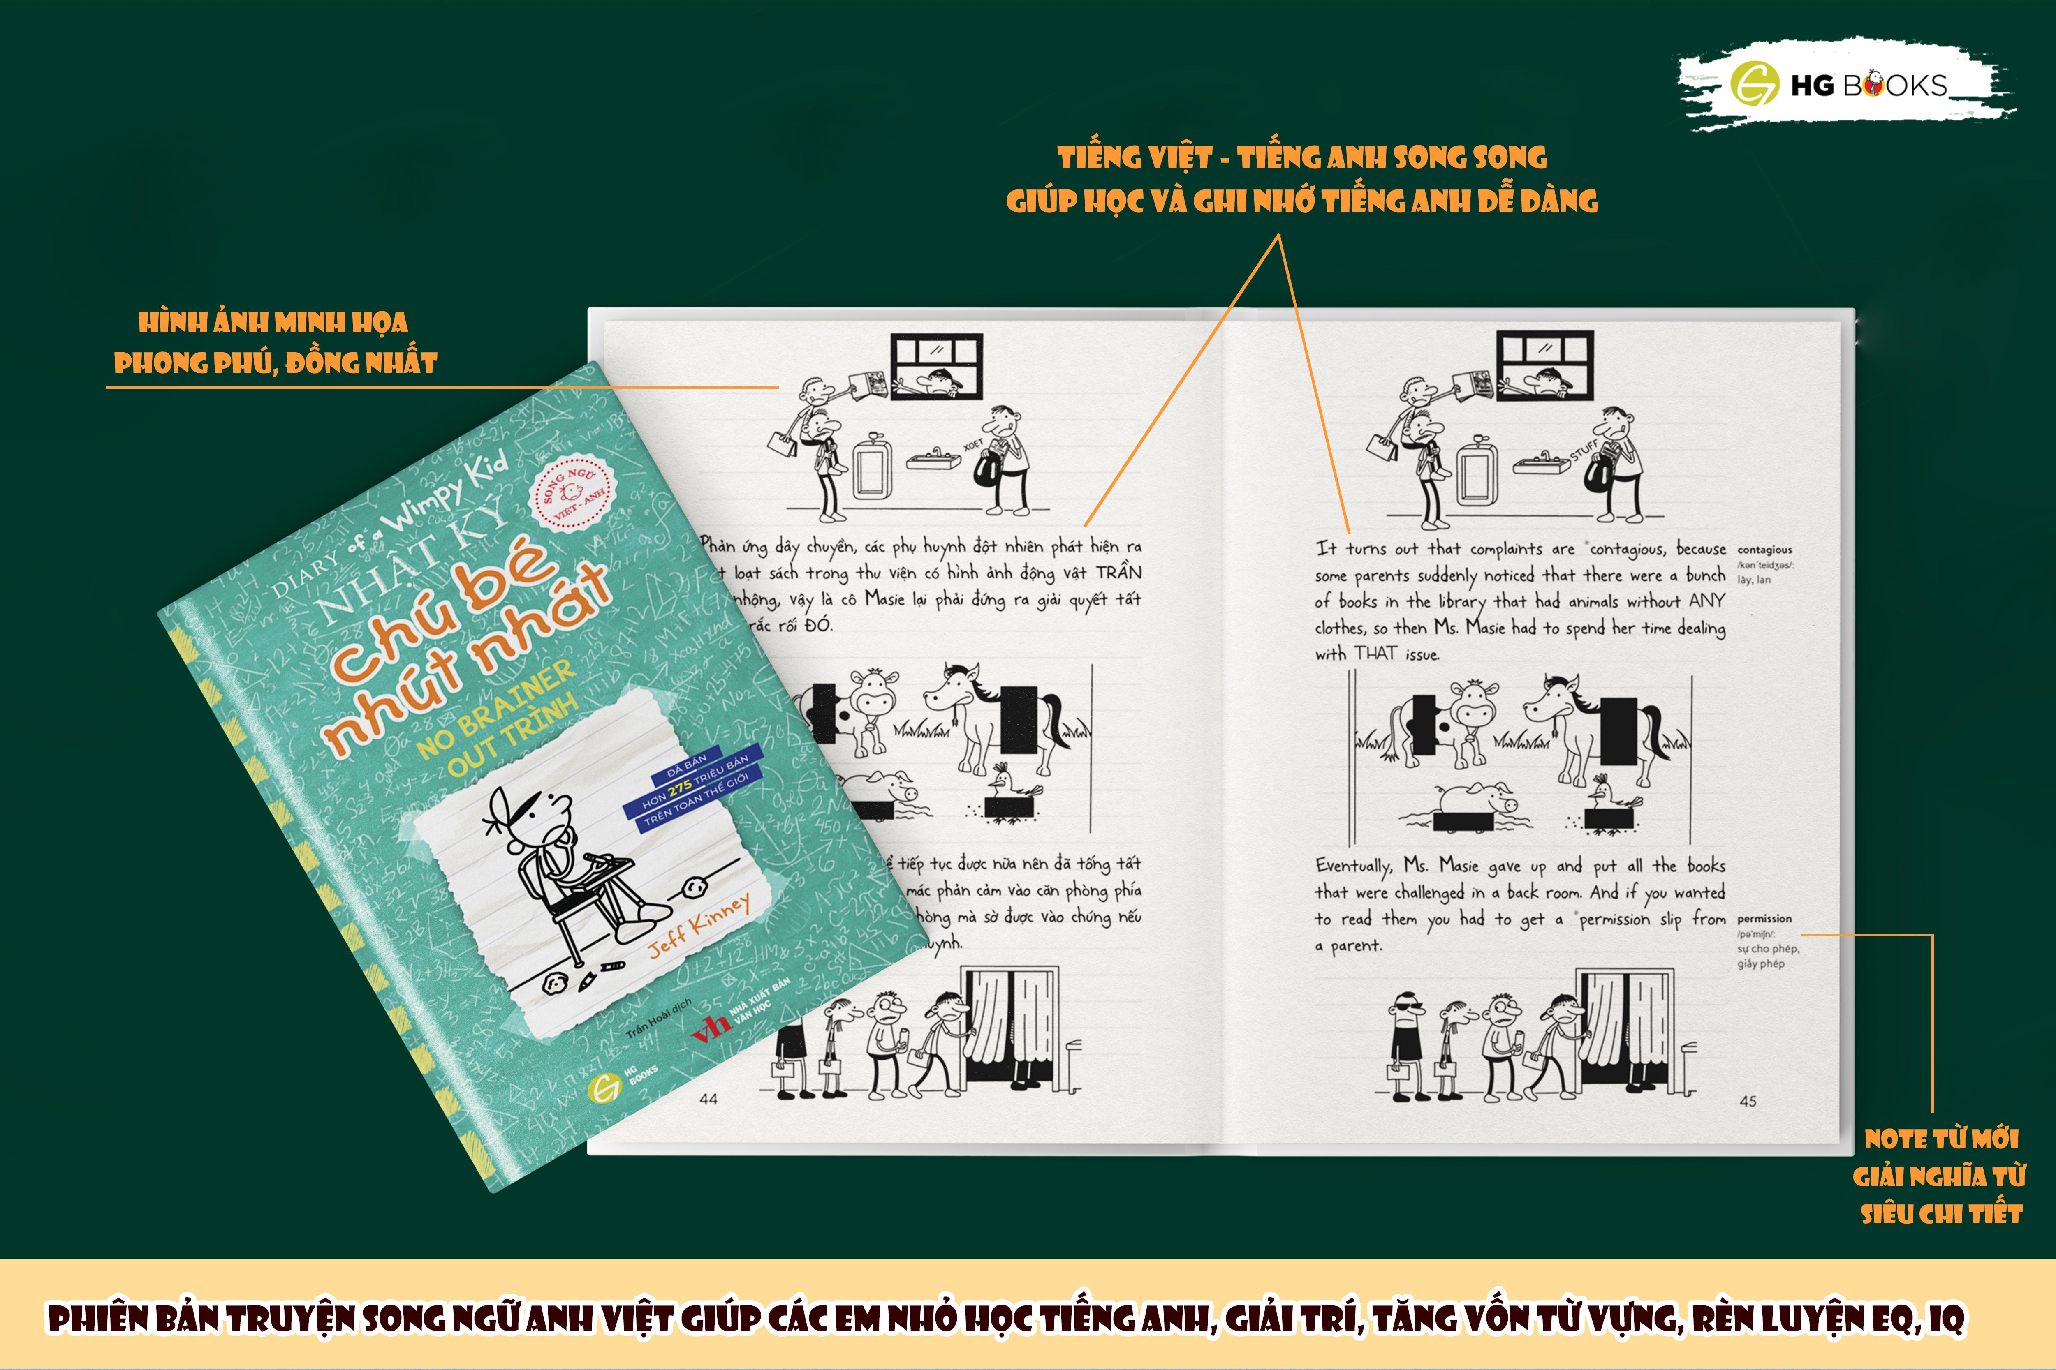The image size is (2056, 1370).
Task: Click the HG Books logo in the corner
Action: point(1845,85)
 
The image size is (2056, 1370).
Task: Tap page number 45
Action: point(1748,1101)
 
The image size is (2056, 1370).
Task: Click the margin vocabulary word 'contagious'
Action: point(1764,550)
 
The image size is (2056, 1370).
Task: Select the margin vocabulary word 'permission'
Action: point(1764,918)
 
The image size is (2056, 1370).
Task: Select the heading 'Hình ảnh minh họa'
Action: point(273,322)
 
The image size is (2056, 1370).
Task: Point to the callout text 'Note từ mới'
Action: point(1940,1139)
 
